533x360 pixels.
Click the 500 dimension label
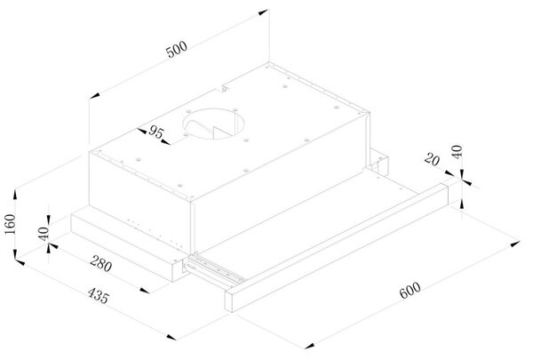tap(177, 50)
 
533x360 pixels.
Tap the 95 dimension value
tap(156, 132)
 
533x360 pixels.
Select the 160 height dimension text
tap(10, 224)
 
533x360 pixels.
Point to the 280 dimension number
tap(101, 263)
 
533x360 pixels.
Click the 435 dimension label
tap(99, 295)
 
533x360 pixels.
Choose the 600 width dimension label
tap(410, 291)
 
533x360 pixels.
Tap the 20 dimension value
tap(432, 159)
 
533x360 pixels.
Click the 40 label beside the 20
tap(457, 152)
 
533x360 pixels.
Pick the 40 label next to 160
tap(44, 234)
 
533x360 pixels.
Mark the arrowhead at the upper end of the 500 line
tap(263, 12)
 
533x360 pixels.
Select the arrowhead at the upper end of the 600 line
tap(515, 244)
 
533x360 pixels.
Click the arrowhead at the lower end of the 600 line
tap(310, 346)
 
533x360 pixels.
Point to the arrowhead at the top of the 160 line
tap(15, 196)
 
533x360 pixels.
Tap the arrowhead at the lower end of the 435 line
tap(171, 337)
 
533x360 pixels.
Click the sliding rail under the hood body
tap(215, 268)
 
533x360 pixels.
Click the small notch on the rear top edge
tap(223, 89)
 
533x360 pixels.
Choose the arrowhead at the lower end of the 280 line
tap(145, 291)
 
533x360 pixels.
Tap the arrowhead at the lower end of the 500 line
tap(94, 95)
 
